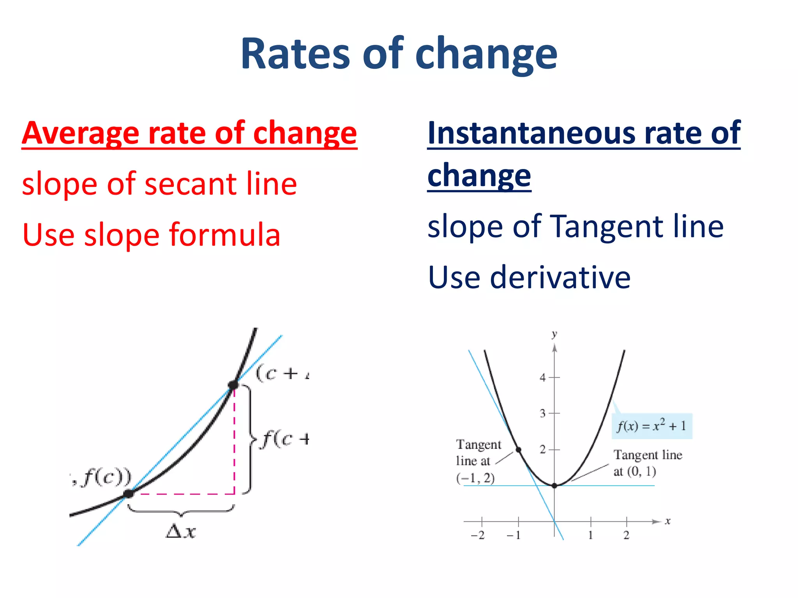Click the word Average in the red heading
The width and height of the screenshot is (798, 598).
click(80, 133)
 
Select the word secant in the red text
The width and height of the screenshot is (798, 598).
click(185, 184)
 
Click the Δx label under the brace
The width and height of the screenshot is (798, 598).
click(181, 531)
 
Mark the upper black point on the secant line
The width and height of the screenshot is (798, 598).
click(233, 385)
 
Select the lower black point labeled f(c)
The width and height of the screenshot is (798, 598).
click(128, 494)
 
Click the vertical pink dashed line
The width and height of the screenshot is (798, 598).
click(234, 440)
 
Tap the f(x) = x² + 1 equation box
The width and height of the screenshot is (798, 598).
click(651, 426)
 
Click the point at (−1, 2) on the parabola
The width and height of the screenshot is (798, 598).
click(519, 450)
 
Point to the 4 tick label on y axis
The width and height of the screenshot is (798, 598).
click(542, 377)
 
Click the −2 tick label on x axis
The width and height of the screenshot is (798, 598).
click(478, 535)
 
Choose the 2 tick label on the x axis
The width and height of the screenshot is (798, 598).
click(626, 535)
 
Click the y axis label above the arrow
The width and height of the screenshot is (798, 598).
click(554, 334)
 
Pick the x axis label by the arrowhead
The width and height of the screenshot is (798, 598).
click(667, 521)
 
